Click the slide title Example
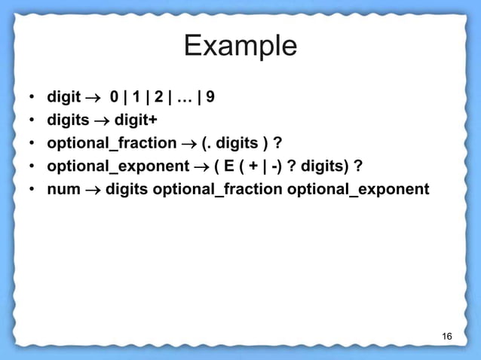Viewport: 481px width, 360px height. [240, 47]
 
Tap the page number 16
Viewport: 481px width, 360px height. [447, 335]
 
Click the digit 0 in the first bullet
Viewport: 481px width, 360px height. [114, 98]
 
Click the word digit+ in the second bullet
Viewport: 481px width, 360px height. [136, 121]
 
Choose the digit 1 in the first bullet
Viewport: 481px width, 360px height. [136, 98]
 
